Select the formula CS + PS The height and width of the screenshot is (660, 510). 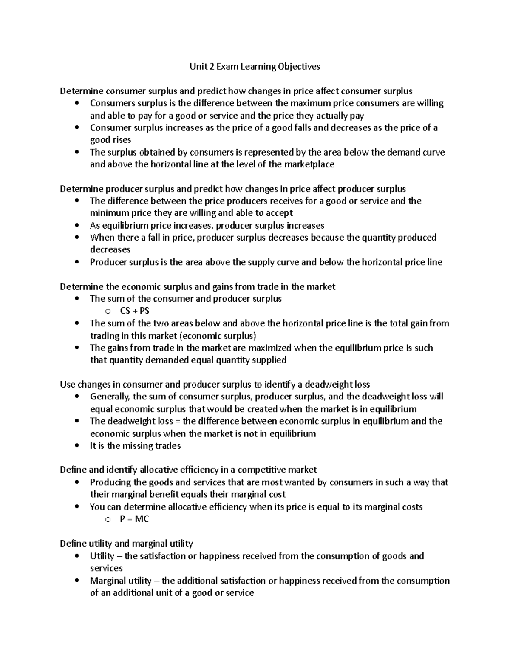pyautogui.click(x=135, y=311)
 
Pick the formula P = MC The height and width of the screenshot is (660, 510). pyautogui.click(x=135, y=519)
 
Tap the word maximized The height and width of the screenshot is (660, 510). pyautogui.click(x=269, y=348)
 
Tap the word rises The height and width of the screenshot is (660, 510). pyautogui.click(x=122, y=140)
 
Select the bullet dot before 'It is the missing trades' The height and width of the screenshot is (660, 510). pyautogui.click(x=76, y=446)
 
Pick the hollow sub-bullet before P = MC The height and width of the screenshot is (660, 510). pyautogui.click(x=108, y=519)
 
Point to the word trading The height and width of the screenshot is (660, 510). pyautogui.click(x=105, y=336)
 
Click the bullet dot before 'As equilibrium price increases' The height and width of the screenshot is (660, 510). pyautogui.click(x=76, y=226)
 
